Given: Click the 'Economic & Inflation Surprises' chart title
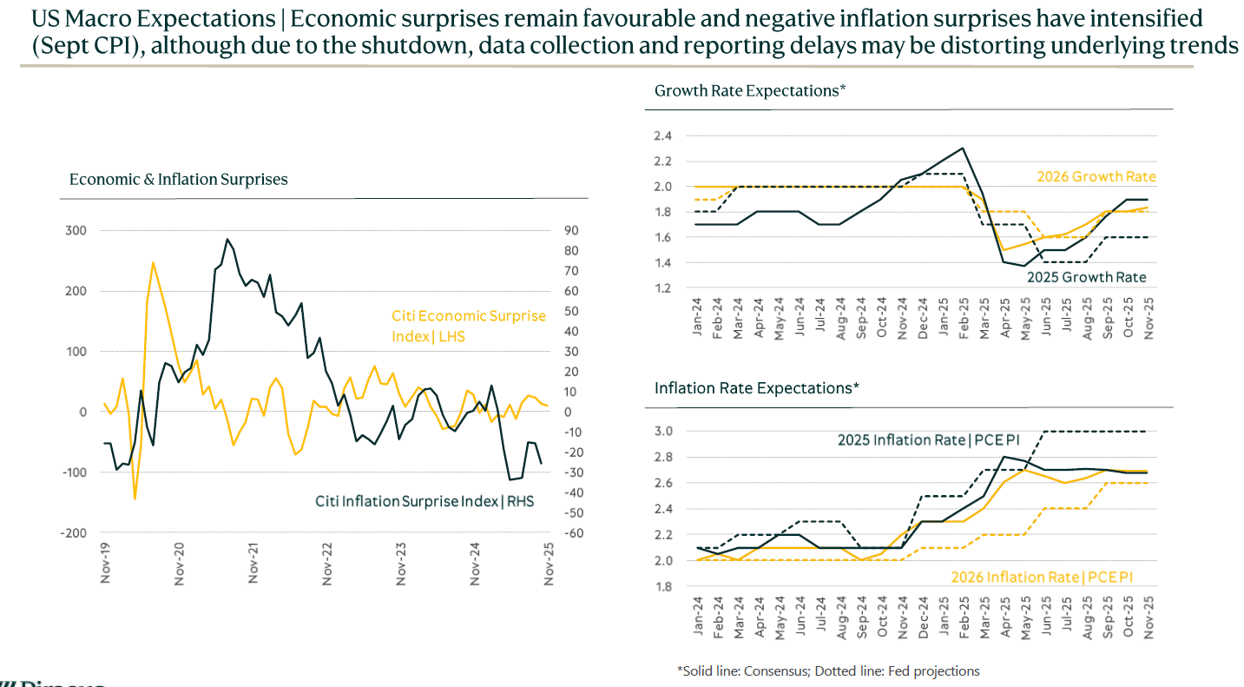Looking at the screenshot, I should (178, 180).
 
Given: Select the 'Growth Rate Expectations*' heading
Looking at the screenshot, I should (749, 90).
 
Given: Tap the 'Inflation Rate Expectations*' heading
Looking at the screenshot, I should (756, 388).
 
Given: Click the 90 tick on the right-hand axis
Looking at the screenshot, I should (572, 231).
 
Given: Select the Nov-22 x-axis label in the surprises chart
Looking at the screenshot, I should (327, 563).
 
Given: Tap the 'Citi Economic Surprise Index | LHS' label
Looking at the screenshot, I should (468, 326).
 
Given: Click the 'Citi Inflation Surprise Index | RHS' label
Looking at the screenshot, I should (424, 501).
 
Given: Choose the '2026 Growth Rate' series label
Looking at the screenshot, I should (1096, 177).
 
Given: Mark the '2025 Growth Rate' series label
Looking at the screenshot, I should (1086, 278).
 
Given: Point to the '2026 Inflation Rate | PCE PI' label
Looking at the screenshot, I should (1042, 577).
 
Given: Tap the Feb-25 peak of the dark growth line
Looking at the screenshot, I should (962, 148).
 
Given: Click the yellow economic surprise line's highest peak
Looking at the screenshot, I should (153, 261).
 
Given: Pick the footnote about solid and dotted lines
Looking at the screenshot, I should (828, 671).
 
